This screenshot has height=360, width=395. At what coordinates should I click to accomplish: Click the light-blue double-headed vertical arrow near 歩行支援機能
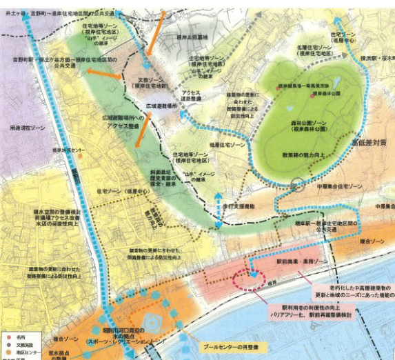tap(219, 210)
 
